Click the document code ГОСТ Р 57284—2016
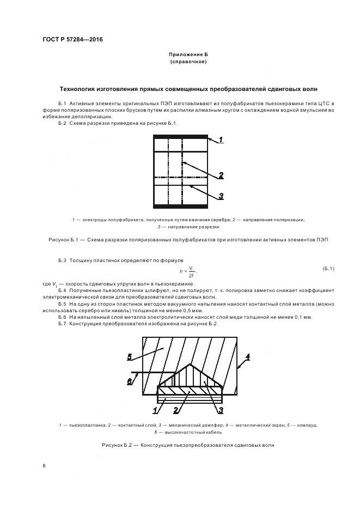[x=72, y=40]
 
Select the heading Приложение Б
[x=188, y=55]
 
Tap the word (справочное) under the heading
[x=188, y=62]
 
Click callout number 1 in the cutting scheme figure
[x=221, y=140]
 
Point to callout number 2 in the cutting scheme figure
[x=221, y=175]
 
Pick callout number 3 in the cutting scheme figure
[x=221, y=196]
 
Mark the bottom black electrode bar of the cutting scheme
[x=180, y=206]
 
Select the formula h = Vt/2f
[x=188, y=270]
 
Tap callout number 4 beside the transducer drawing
[x=247, y=357]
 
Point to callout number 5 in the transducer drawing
[x=130, y=357]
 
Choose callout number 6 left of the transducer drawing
[x=129, y=381]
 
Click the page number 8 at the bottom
[x=44, y=466]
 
